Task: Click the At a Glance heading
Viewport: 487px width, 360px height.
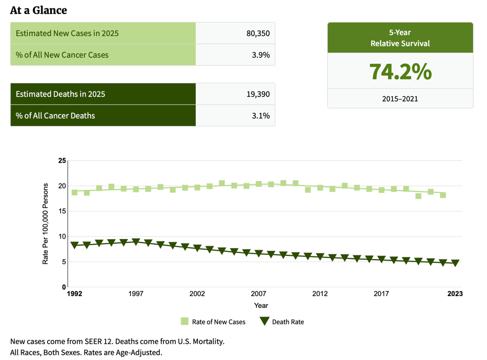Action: pyautogui.click(x=38, y=10)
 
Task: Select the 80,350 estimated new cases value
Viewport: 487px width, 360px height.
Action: pyautogui.click(x=258, y=33)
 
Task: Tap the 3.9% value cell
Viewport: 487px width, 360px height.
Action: pyautogui.click(x=261, y=55)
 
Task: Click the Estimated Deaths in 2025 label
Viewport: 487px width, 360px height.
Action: pyautogui.click(x=60, y=94)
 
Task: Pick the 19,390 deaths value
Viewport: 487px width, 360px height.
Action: pyautogui.click(x=258, y=94)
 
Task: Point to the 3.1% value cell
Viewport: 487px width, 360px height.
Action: pyautogui.click(x=261, y=116)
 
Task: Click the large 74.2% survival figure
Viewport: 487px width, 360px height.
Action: pyautogui.click(x=400, y=72)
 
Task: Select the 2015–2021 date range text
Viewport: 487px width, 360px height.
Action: pyautogui.click(x=400, y=98)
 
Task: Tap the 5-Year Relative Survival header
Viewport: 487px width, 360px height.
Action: pyautogui.click(x=400, y=38)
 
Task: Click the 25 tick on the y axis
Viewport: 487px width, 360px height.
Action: pyautogui.click(x=62, y=161)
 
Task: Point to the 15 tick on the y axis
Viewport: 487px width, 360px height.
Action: pyautogui.click(x=62, y=211)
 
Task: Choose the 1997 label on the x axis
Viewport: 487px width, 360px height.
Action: pyautogui.click(x=136, y=294)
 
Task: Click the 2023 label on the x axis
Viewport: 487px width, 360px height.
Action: pyautogui.click(x=455, y=294)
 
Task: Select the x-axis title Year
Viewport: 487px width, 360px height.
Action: pyautogui.click(x=261, y=306)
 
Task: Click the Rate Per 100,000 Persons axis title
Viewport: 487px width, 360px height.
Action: pyautogui.click(x=46, y=223)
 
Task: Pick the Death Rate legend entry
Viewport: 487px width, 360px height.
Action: pyautogui.click(x=282, y=322)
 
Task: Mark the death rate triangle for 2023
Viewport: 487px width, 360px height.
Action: pyautogui.click(x=455, y=263)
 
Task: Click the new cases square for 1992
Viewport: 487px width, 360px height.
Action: pyautogui.click(x=74, y=192)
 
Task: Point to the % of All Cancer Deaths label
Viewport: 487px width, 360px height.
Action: pyautogui.click(x=56, y=116)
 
